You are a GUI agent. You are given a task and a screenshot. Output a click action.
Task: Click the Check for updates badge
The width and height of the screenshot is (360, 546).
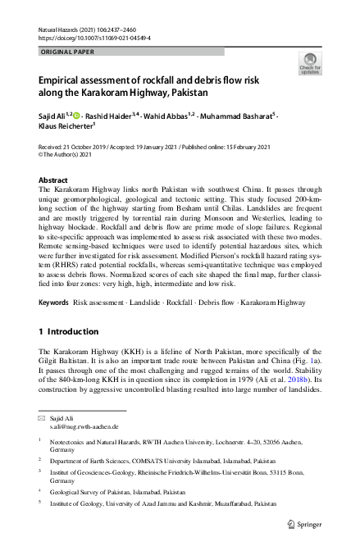(311, 64)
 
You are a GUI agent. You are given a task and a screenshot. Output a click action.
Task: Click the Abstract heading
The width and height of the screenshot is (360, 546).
(54, 179)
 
